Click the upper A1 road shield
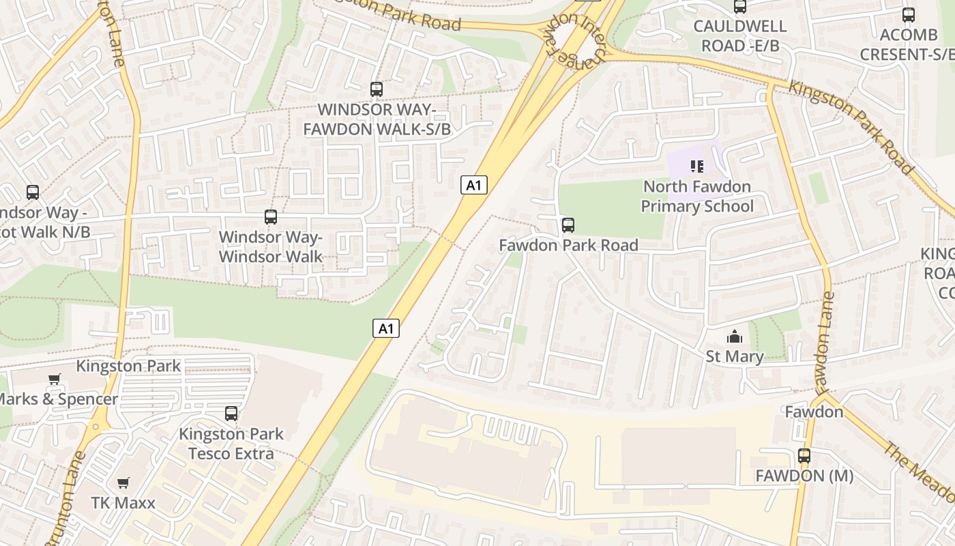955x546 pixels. (x=474, y=184)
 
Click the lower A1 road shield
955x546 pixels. (x=386, y=328)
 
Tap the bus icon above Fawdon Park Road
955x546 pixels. (x=568, y=225)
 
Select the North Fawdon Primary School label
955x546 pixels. (x=697, y=197)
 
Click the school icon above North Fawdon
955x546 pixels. (x=696, y=166)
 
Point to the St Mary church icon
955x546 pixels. (x=734, y=336)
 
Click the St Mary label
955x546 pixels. (x=734, y=356)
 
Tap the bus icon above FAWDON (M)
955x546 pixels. (x=804, y=456)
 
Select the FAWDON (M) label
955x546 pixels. (x=804, y=476)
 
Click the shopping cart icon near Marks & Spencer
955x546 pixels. (x=55, y=379)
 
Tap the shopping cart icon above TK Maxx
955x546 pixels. (x=123, y=483)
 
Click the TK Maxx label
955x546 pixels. (x=123, y=503)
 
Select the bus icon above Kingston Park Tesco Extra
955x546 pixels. (x=231, y=414)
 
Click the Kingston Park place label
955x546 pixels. (x=128, y=366)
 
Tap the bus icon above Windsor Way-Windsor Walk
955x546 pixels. (x=270, y=217)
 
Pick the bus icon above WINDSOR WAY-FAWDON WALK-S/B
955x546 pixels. (x=376, y=89)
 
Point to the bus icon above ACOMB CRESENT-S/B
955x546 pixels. (x=908, y=14)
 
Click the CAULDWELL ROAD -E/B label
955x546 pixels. (x=739, y=36)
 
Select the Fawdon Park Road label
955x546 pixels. (x=568, y=245)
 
